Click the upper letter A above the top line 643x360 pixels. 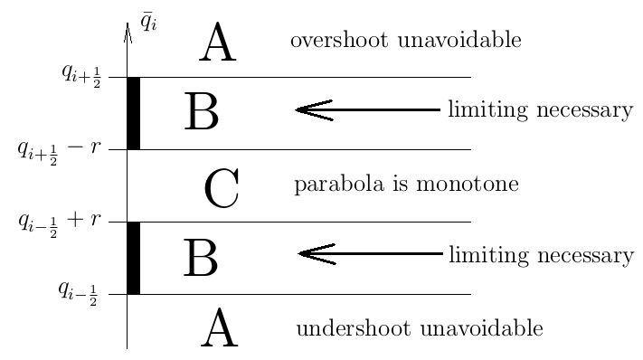217,44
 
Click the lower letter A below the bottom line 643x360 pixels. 219,328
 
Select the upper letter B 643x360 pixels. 201,113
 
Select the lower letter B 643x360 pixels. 201,258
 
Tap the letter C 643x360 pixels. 221,189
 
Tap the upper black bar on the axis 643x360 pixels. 133,113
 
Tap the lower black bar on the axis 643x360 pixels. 133,258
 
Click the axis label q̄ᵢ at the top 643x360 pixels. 149,19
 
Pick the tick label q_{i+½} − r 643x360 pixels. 59,149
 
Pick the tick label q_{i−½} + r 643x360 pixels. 59,221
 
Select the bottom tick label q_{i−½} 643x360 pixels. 79,291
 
